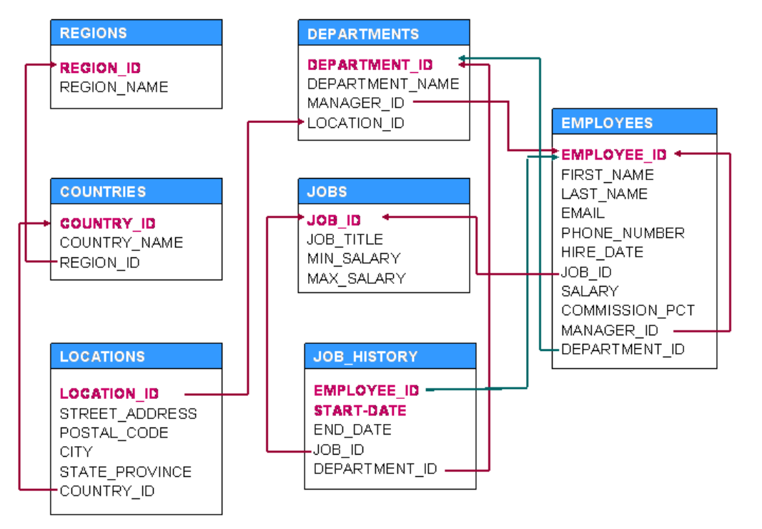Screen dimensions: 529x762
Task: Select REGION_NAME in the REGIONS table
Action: [x=114, y=87]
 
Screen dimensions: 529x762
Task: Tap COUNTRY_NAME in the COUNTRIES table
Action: [x=122, y=243]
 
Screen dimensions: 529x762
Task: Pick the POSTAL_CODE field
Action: [x=114, y=433]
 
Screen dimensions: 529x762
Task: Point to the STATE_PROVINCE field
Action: [x=125, y=472]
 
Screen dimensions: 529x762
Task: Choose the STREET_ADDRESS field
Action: [x=128, y=414]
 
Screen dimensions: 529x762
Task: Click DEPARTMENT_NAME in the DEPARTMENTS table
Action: [x=383, y=84]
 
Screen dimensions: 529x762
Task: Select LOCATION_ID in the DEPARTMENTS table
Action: [x=355, y=123]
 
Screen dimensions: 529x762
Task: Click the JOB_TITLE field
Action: [x=345, y=239]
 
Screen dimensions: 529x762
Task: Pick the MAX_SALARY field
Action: [x=356, y=278]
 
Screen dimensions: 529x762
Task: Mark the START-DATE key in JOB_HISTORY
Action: [x=360, y=410]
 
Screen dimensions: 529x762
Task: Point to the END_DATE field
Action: [x=352, y=430]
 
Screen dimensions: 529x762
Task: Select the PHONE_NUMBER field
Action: [x=623, y=233]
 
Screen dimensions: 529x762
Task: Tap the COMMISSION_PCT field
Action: [x=628, y=310]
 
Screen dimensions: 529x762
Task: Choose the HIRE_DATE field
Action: [x=602, y=252]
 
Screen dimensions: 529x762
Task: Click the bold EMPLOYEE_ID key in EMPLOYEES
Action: [x=613, y=154]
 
